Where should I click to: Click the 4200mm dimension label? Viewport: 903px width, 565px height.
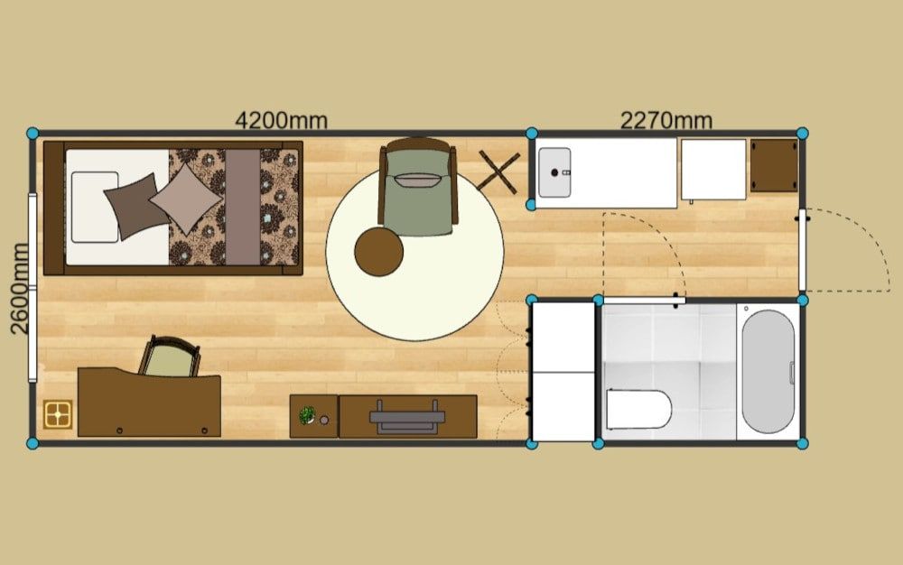(x=281, y=120)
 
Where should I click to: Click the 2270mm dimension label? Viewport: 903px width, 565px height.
(x=666, y=120)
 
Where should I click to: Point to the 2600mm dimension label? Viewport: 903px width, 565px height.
(x=20, y=288)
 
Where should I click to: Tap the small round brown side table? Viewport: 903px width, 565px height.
(x=378, y=252)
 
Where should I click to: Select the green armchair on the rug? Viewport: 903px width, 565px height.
(x=418, y=187)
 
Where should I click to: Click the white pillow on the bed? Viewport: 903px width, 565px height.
(x=95, y=207)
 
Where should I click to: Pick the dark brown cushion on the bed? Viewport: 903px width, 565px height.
(x=136, y=206)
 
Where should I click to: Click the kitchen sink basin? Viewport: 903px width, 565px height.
(x=554, y=172)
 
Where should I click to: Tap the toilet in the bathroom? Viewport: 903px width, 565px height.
(x=638, y=409)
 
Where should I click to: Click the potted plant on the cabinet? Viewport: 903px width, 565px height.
(x=307, y=414)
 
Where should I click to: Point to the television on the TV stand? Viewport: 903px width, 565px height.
(x=407, y=417)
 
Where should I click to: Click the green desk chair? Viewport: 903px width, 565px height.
(x=170, y=357)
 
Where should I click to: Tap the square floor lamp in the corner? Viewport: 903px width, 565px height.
(x=58, y=414)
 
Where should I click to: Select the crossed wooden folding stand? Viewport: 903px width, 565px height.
(x=498, y=171)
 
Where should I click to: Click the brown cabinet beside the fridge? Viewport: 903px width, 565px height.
(x=774, y=165)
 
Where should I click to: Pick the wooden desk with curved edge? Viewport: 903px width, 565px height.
(x=149, y=403)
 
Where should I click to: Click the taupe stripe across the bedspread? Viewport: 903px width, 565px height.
(x=242, y=207)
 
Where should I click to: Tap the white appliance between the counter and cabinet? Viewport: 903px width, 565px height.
(x=713, y=170)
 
